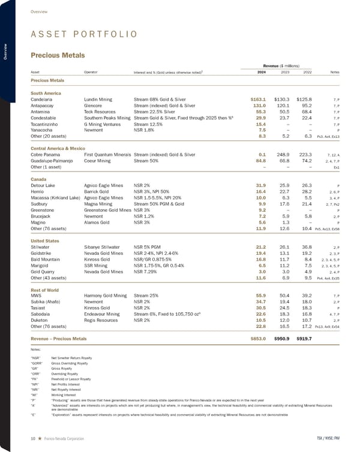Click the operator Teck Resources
tap(101, 111)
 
